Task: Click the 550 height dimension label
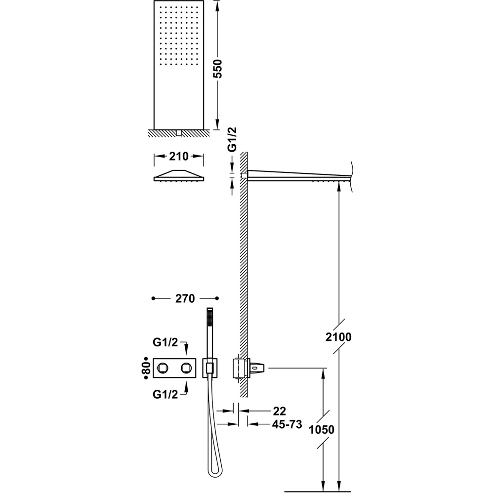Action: click(218, 68)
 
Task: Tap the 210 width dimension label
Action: click(179, 156)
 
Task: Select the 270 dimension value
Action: click(185, 298)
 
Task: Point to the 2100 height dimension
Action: click(338, 337)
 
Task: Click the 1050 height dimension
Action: click(322, 429)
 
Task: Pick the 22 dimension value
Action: click(280, 411)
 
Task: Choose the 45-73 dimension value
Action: click(287, 424)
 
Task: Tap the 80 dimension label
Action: click(146, 368)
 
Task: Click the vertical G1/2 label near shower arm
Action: click(232, 140)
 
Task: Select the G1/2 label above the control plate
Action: click(165, 342)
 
